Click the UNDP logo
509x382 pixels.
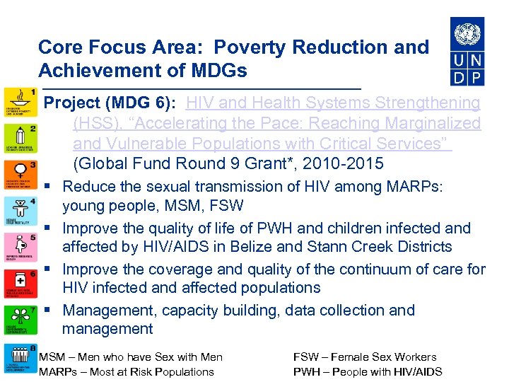(x=467, y=51)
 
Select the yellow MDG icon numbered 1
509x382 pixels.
(x=20, y=104)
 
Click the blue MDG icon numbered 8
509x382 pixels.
(x=20, y=359)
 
